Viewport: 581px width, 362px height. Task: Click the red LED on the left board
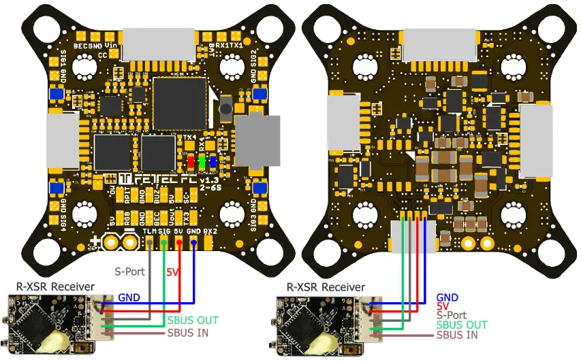click(191, 162)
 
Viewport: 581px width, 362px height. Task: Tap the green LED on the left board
click(202, 162)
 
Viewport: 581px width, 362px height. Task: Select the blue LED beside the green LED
click(213, 162)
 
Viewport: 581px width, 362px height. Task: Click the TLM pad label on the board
click(149, 231)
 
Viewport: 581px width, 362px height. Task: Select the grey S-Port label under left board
click(129, 271)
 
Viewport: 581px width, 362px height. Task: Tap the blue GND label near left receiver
click(129, 297)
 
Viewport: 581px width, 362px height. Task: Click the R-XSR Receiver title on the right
click(326, 288)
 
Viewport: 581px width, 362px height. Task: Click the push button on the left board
click(225, 105)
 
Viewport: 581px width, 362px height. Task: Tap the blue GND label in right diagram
click(447, 297)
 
